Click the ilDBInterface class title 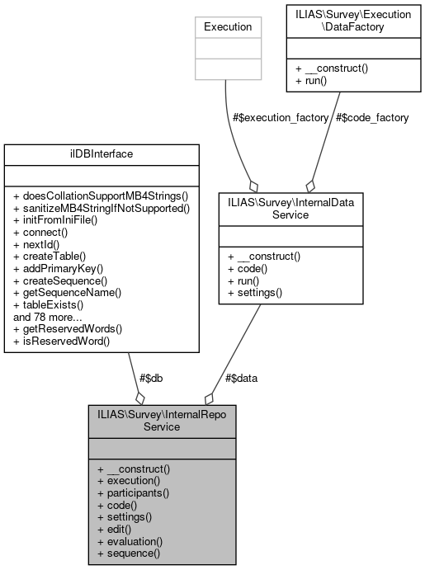click(x=102, y=154)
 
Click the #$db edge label click(x=149, y=378)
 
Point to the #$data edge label click(x=242, y=378)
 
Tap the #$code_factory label click(x=372, y=117)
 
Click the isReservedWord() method click(x=62, y=340)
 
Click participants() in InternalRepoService click(x=133, y=492)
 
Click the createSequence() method click(x=61, y=280)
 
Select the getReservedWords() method click(x=67, y=327)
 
